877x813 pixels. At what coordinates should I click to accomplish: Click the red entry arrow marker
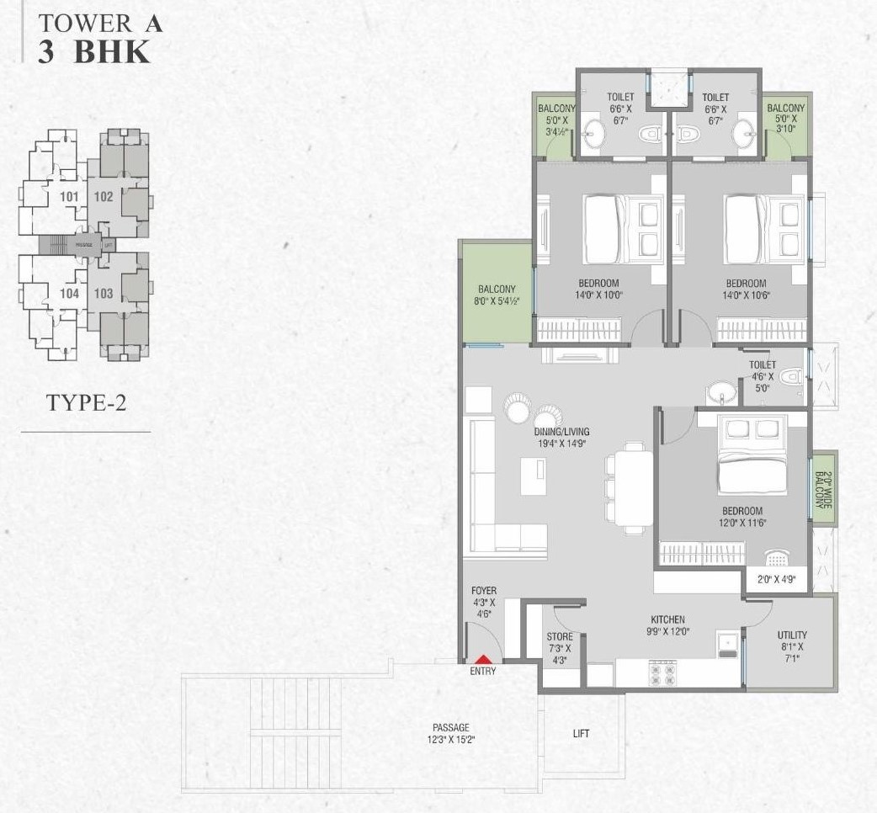coord(483,662)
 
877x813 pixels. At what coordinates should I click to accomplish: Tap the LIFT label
coord(581,733)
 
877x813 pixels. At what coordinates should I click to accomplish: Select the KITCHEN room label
coord(667,619)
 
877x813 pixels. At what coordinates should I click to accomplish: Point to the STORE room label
coord(560,637)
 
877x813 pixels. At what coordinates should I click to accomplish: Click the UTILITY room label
coord(792,635)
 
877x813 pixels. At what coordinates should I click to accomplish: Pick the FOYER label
coord(484,592)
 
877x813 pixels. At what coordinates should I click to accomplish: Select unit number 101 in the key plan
coord(70,198)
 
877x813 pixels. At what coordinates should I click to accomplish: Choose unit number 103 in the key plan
coord(104,294)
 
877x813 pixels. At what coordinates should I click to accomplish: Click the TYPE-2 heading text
coord(86,402)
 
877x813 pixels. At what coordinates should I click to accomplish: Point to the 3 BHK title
coord(93,51)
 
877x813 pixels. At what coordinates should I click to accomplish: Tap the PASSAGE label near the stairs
coord(451,727)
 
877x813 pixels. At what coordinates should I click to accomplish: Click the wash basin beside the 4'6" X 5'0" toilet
coord(719,391)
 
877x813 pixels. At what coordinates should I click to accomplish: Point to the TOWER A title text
coord(100,23)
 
